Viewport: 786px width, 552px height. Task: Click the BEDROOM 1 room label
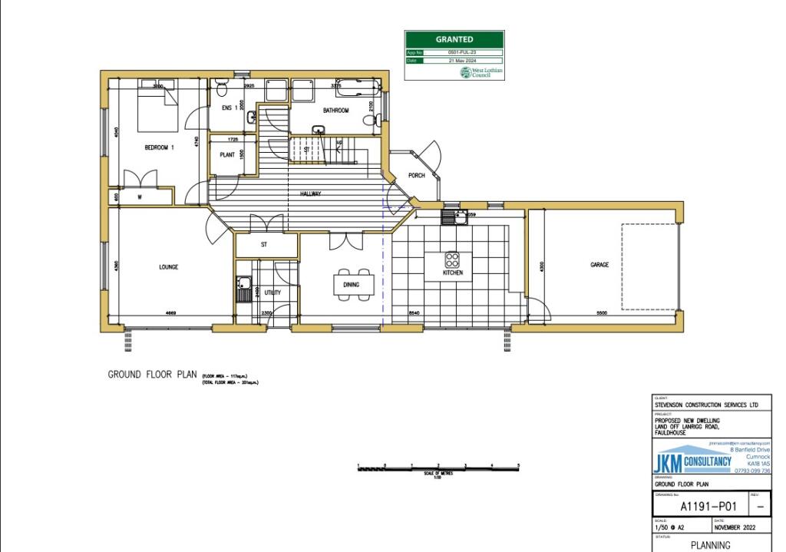(160, 147)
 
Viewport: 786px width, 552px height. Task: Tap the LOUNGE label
(168, 267)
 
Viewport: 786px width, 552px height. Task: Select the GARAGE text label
(599, 265)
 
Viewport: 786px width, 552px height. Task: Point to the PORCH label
(416, 176)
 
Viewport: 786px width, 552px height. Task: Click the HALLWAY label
(310, 194)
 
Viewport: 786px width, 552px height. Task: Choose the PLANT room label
(226, 154)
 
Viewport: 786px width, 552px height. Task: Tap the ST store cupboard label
(263, 245)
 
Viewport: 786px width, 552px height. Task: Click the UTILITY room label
(272, 293)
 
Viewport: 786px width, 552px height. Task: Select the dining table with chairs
(355, 283)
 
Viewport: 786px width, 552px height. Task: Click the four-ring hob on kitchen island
(452, 259)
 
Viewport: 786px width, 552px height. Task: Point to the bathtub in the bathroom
(356, 87)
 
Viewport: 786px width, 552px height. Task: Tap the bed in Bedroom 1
(158, 107)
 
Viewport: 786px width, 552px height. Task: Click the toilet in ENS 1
(222, 84)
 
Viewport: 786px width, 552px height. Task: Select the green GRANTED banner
(454, 39)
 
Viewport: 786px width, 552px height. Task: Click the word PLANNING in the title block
(711, 546)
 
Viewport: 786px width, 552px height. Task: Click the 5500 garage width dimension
(601, 313)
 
